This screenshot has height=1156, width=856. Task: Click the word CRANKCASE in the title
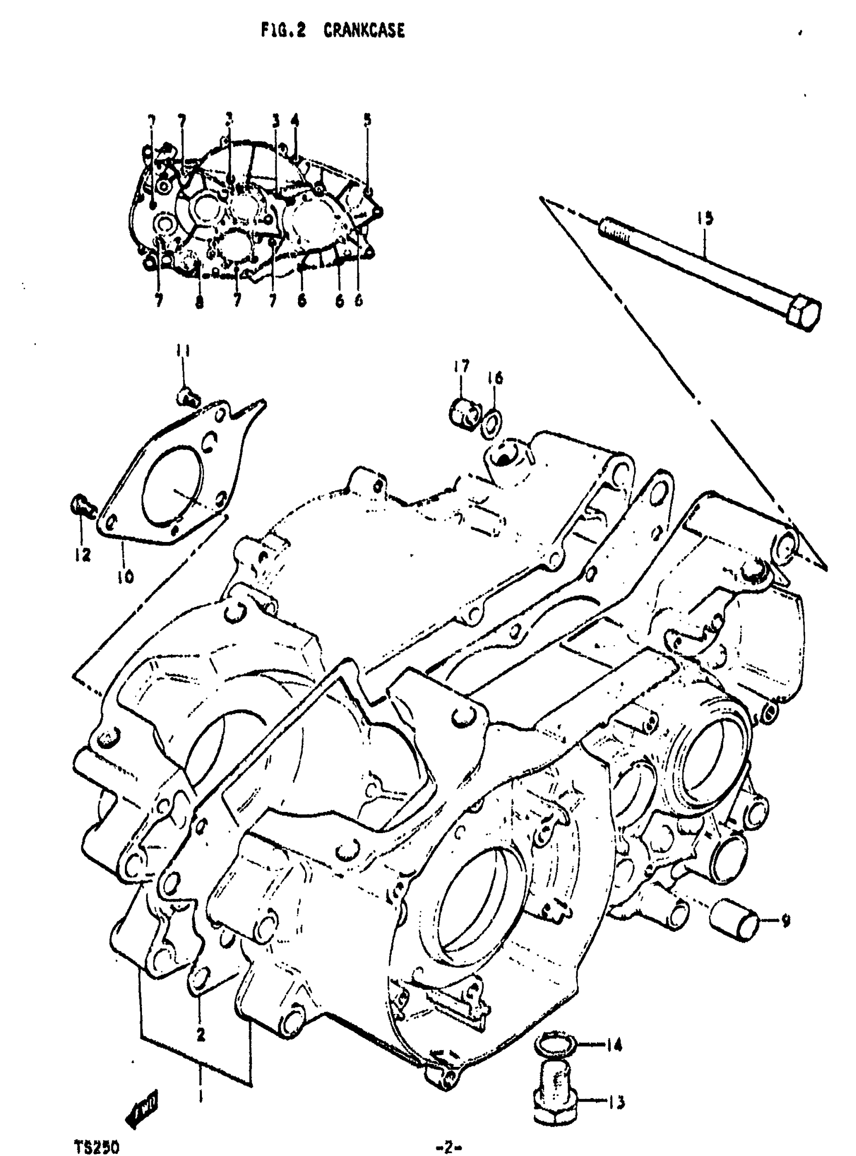coord(364,32)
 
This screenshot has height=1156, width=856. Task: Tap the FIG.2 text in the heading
coord(283,32)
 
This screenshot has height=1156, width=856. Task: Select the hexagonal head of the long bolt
coord(803,314)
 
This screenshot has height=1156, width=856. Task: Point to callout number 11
coord(182,352)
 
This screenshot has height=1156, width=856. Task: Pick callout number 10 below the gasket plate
coord(125,575)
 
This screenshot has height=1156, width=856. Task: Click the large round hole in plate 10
coord(172,483)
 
